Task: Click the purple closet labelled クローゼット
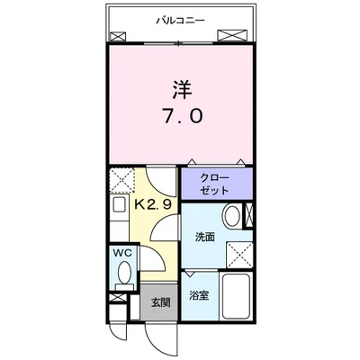215,184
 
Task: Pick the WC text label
122,255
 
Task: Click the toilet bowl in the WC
123,272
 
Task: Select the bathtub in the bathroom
236,297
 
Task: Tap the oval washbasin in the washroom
232,217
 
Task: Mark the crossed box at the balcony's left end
119,37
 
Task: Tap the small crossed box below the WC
123,292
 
